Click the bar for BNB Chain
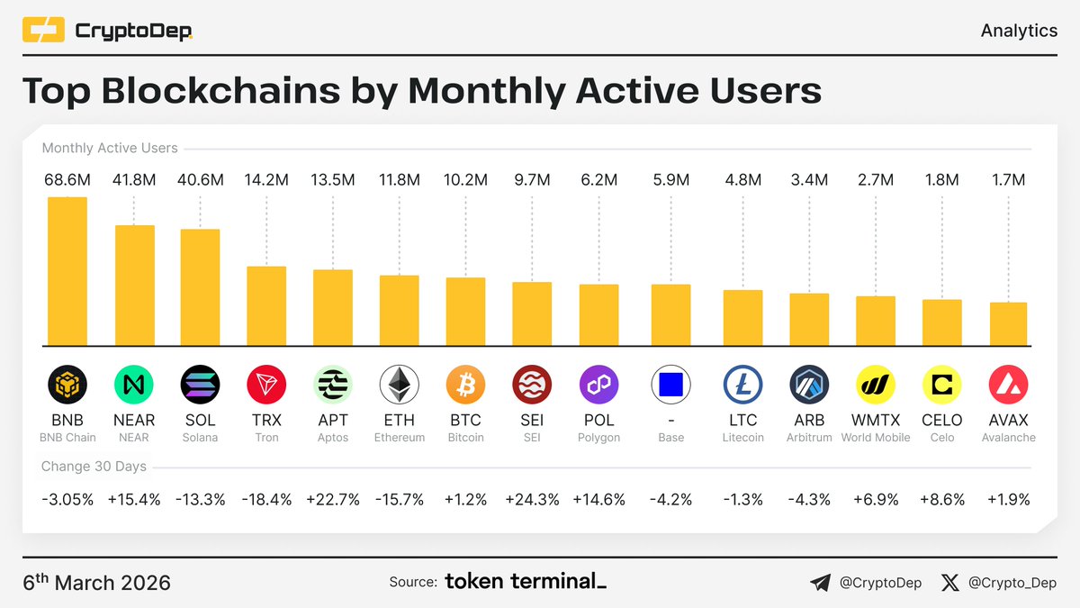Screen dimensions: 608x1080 [67, 270]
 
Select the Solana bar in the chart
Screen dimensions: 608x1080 [201, 286]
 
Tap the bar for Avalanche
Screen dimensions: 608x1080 [1008, 323]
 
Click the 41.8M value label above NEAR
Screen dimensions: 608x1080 [134, 180]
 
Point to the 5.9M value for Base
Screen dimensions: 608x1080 [670, 180]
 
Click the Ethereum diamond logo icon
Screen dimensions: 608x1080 [399, 386]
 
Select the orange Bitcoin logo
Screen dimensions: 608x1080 [465, 386]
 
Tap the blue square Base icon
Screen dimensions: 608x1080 [670, 386]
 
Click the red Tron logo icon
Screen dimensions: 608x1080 [266, 386]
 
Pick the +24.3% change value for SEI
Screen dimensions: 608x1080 [532, 499]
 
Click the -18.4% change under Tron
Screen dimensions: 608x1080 [266, 499]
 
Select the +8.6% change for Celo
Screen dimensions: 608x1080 [942, 499]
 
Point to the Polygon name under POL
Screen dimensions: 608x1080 [598, 438]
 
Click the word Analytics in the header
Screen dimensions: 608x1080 [1019, 31]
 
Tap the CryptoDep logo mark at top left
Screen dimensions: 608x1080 [43, 32]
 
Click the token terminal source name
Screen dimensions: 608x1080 [526, 582]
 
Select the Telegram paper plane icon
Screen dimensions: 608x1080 [820, 583]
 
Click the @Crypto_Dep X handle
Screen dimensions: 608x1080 [1012, 583]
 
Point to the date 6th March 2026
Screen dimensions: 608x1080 [96, 582]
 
